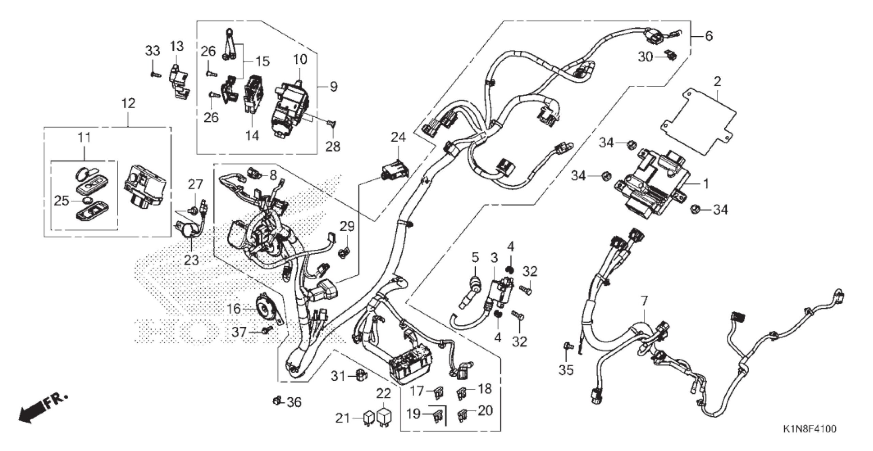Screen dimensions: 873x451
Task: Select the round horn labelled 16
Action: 267,309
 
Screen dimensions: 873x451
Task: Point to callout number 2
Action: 717,82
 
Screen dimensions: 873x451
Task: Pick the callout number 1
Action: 706,184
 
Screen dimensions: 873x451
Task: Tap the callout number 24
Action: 398,137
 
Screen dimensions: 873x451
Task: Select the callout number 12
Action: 128,104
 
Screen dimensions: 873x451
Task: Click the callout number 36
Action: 294,402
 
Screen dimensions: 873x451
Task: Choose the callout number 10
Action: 300,60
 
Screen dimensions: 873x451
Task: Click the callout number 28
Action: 333,146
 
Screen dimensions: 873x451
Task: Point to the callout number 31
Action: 339,377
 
